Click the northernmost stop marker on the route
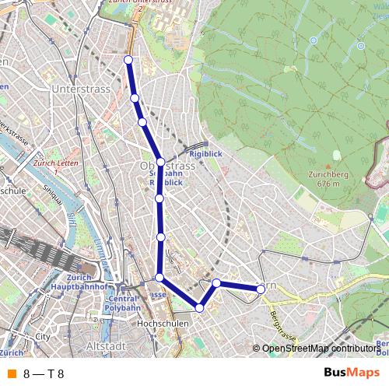pyautogui.click(x=128, y=60)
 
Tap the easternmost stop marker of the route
pyautogui.click(x=261, y=288)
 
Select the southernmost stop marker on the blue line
pyautogui.click(x=200, y=308)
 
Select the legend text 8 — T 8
pyautogui.click(x=44, y=373)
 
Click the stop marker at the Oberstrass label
pyautogui.click(x=160, y=162)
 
